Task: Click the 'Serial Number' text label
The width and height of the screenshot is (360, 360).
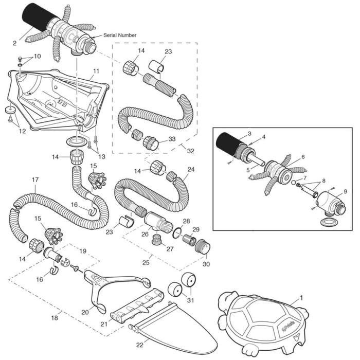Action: (120, 35)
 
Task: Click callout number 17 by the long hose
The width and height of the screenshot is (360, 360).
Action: (35, 180)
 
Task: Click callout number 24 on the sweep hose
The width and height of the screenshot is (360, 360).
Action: (191, 169)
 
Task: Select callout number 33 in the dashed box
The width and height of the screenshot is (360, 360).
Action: (171, 139)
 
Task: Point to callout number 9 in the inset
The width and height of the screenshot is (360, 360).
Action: (345, 191)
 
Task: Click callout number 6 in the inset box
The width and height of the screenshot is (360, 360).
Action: (303, 157)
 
